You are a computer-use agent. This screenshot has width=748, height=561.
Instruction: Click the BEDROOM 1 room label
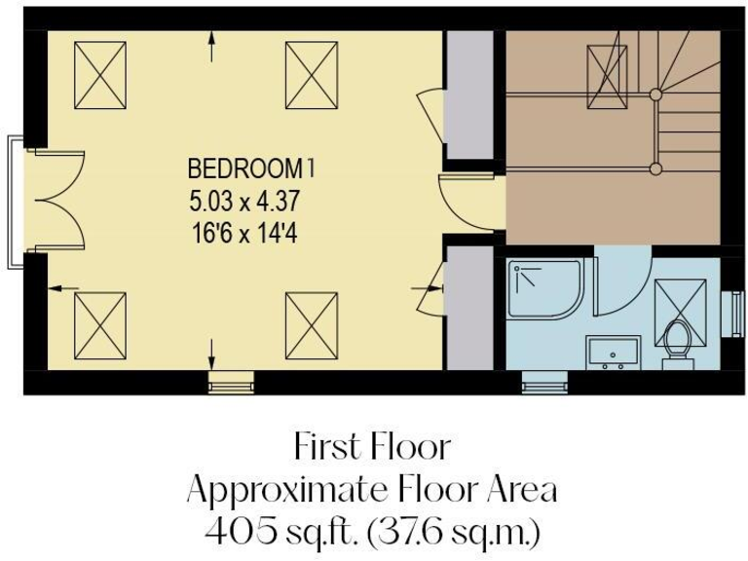(x=251, y=168)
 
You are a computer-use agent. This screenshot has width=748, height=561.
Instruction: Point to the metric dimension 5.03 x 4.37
(x=243, y=204)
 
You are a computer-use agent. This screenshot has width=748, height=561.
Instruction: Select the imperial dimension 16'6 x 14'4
(x=243, y=235)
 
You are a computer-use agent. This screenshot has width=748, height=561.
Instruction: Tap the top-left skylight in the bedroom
(x=100, y=75)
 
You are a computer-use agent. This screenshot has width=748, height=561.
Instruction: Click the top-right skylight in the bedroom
(x=311, y=75)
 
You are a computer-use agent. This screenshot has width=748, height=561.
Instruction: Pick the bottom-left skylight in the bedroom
(x=100, y=324)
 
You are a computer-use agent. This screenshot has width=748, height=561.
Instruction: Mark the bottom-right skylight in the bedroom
(x=311, y=324)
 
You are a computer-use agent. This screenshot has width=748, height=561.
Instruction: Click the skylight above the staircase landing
(x=607, y=71)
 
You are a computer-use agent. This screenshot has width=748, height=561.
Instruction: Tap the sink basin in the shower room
(x=613, y=352)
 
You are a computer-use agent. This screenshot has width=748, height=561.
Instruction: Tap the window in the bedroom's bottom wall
(x=231, y=383)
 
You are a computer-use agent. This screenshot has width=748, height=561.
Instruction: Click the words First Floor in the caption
(x=373, y=447)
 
